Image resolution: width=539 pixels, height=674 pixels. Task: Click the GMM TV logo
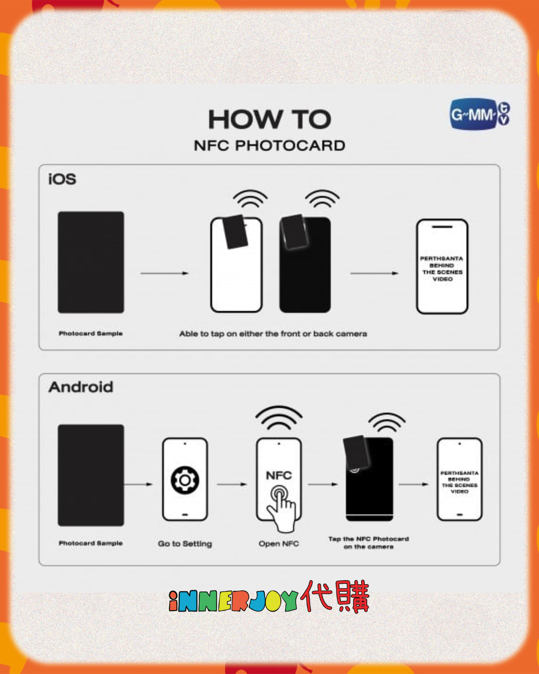(480, 115)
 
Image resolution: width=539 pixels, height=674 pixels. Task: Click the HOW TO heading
(269, 119)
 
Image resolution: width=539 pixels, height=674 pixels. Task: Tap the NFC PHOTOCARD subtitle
(269, 146)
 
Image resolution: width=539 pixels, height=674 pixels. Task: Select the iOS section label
(62, 179)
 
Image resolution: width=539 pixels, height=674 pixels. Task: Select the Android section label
(81, 387)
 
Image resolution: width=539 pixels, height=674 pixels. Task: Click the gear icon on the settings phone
(185, 480)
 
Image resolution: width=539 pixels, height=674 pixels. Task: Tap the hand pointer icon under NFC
(282, 507)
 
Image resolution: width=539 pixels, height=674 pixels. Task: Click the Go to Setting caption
(185, 543)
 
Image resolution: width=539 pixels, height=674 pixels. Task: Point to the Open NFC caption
(279, 543)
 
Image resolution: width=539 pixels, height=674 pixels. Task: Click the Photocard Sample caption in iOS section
(91, 333)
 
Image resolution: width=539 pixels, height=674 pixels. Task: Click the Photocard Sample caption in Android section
(91, 543)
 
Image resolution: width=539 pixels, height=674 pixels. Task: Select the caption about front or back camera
(273, 334)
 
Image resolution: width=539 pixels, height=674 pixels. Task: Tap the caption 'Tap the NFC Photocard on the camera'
(368, 543)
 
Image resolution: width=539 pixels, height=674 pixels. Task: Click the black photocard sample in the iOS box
(91, 262)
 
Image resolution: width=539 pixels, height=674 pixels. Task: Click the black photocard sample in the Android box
(91, 475)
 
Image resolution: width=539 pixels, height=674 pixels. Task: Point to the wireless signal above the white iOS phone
(250, 198)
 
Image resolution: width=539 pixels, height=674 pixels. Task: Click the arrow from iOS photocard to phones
(164, 274)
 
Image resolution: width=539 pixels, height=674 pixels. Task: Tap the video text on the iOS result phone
(442, 269)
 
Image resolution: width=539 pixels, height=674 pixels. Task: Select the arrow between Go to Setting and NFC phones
(232, 484)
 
